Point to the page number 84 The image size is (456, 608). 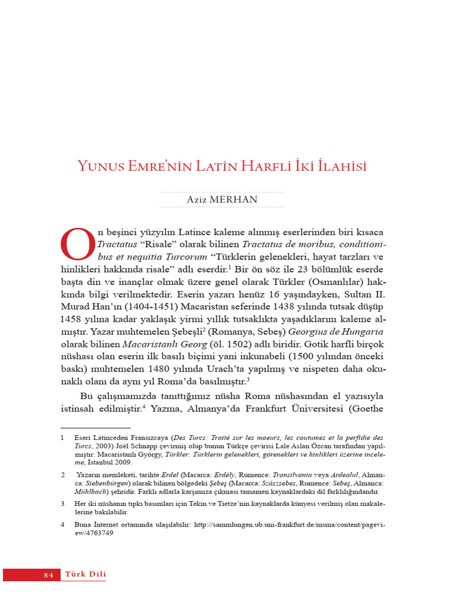click(49, 575)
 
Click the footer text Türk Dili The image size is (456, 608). click(85, 574)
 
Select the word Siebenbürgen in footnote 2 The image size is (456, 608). click(99, 484)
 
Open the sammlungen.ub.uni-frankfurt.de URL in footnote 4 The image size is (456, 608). click(291, 525)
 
